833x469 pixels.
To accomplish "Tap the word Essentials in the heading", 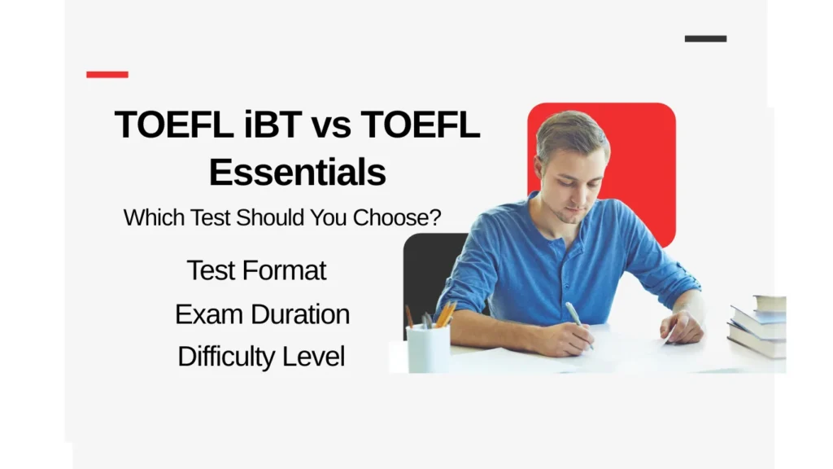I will pyautogui.click(x=298, y=172).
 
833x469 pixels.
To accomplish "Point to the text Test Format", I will pyautogui.click(x=256, y=270).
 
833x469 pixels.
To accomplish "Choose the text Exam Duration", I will pyautogui.click(x=262, y=314).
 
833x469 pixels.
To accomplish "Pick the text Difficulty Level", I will pyautogui.click(x=261, y=357).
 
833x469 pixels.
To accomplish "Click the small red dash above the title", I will pyautogui.click(x=107, y=74).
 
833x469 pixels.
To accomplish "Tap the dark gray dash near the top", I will pyautogui.click(x=705, y=38).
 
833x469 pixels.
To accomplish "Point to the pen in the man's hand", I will pyautogui.click(x=576, y=318).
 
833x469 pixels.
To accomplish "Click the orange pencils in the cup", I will pyautogui.click(x=444, y=313).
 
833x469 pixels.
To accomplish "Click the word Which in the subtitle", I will pyautogui.click(x=148, y=218).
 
